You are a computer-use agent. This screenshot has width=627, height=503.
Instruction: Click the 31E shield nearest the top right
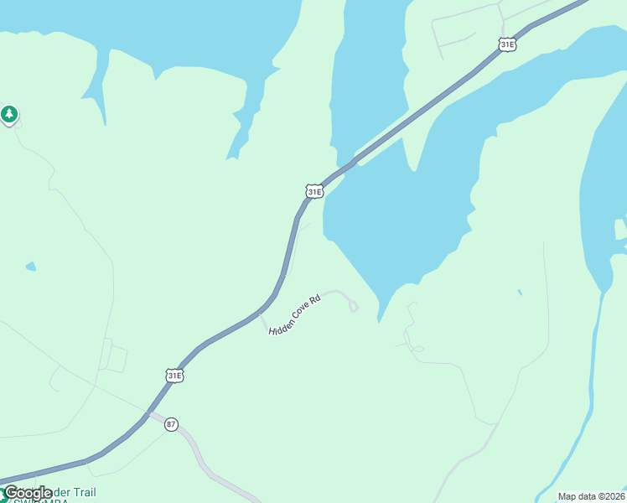506,44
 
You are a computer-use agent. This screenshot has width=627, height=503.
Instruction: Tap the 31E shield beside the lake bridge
313,192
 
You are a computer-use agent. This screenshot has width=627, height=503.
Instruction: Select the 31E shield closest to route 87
174,376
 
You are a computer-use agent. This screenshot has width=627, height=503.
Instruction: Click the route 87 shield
171,424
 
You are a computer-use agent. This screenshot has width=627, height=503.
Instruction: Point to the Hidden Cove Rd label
295,315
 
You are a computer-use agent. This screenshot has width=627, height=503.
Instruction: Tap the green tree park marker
9,114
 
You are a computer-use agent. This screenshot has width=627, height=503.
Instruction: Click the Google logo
28,493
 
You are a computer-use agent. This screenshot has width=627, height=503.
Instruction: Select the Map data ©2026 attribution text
592,496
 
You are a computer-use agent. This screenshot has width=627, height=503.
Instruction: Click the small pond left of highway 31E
31,267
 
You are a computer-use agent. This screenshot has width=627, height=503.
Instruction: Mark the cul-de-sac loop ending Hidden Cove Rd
353,307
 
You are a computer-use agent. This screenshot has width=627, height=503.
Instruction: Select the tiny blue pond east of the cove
520,293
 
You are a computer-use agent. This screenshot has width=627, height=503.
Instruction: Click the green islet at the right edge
619,229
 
